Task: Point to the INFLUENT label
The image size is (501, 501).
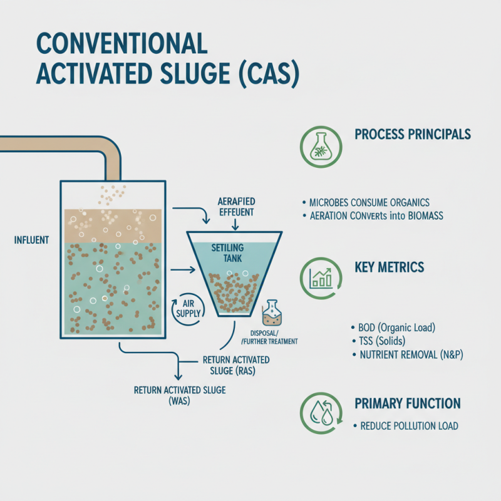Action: tap(31, 239)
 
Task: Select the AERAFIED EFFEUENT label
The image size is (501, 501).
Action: tap(233, 206)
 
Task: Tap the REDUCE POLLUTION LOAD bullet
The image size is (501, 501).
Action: tap(409, 426)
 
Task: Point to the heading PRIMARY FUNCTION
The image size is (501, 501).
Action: tap(408, 403)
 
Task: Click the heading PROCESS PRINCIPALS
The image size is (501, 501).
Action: tap(413, 135)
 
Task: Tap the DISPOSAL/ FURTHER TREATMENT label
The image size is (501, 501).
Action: tap(268, 337)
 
